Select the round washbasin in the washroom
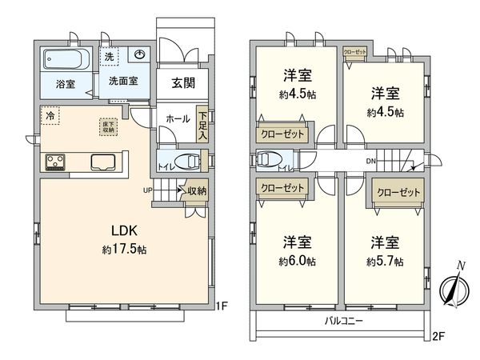(139, 54)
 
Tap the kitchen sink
(103, 162)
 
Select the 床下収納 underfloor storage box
(106, 126)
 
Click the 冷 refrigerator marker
(50, 115)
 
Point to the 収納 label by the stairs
(196, 191)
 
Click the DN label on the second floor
(371, 162)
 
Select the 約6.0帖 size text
(296, 262)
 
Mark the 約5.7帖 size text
(385, 262)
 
